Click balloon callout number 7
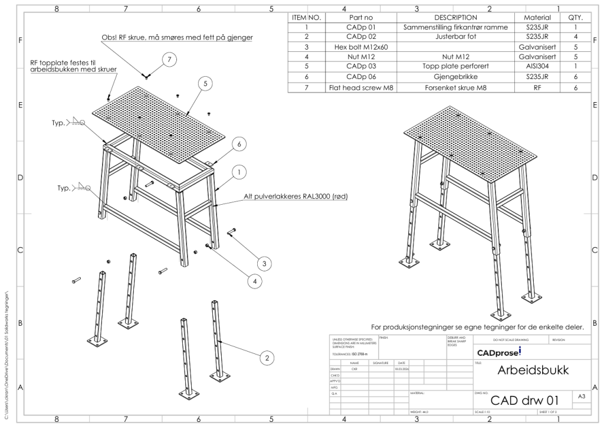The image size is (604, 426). click(x=169, y=60)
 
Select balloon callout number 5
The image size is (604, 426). click(x=205, y=84)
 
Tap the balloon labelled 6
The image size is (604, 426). click(x=238, y=143)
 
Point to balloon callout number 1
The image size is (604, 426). click(x=238, y=172)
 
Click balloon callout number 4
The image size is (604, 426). click(x=255, y=281)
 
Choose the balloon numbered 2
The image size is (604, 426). click(x=267, y=357)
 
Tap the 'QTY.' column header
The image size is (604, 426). click(x=575, y=17)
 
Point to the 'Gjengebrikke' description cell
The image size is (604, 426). click(x=455, y=77)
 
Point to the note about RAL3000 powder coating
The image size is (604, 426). click(x=295, y=196)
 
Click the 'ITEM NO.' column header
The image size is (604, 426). click(x=306, y=17)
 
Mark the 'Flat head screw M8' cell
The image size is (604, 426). click(x=360, y=87)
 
